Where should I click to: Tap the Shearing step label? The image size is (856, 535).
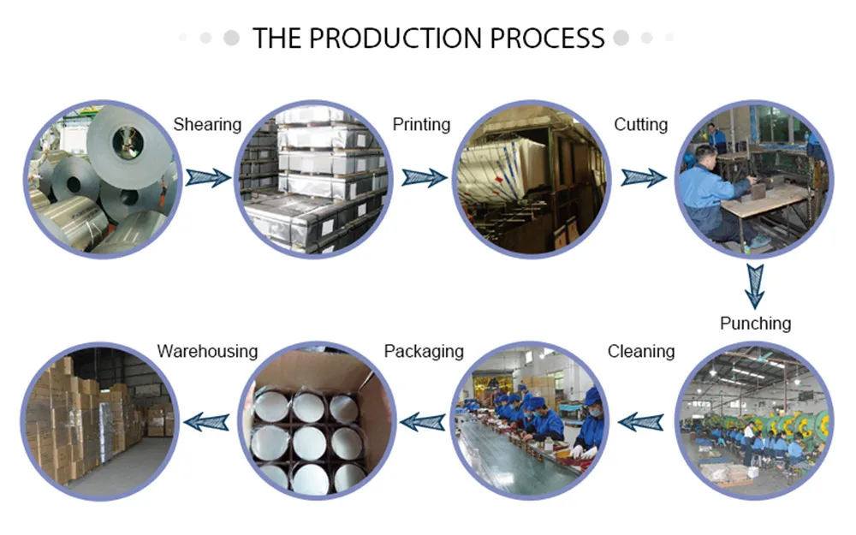[207, 125]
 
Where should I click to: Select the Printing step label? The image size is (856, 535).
[421, 125]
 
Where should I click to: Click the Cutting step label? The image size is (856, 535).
[640, 125]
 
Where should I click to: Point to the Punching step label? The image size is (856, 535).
[755, 324]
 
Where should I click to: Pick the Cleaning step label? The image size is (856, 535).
[640, 351]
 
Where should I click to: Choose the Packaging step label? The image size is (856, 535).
[424, 351]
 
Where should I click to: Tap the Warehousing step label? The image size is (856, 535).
[207, 351]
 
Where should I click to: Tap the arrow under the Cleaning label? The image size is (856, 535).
[641, 420]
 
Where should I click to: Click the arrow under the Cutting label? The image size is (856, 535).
[643, 177]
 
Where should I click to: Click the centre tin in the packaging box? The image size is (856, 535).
[310, 443]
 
